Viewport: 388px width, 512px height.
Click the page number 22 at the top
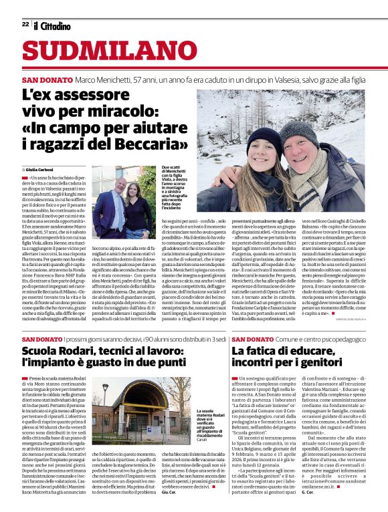pos(25,25)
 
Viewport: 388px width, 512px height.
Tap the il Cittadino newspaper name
pos(52,25)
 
